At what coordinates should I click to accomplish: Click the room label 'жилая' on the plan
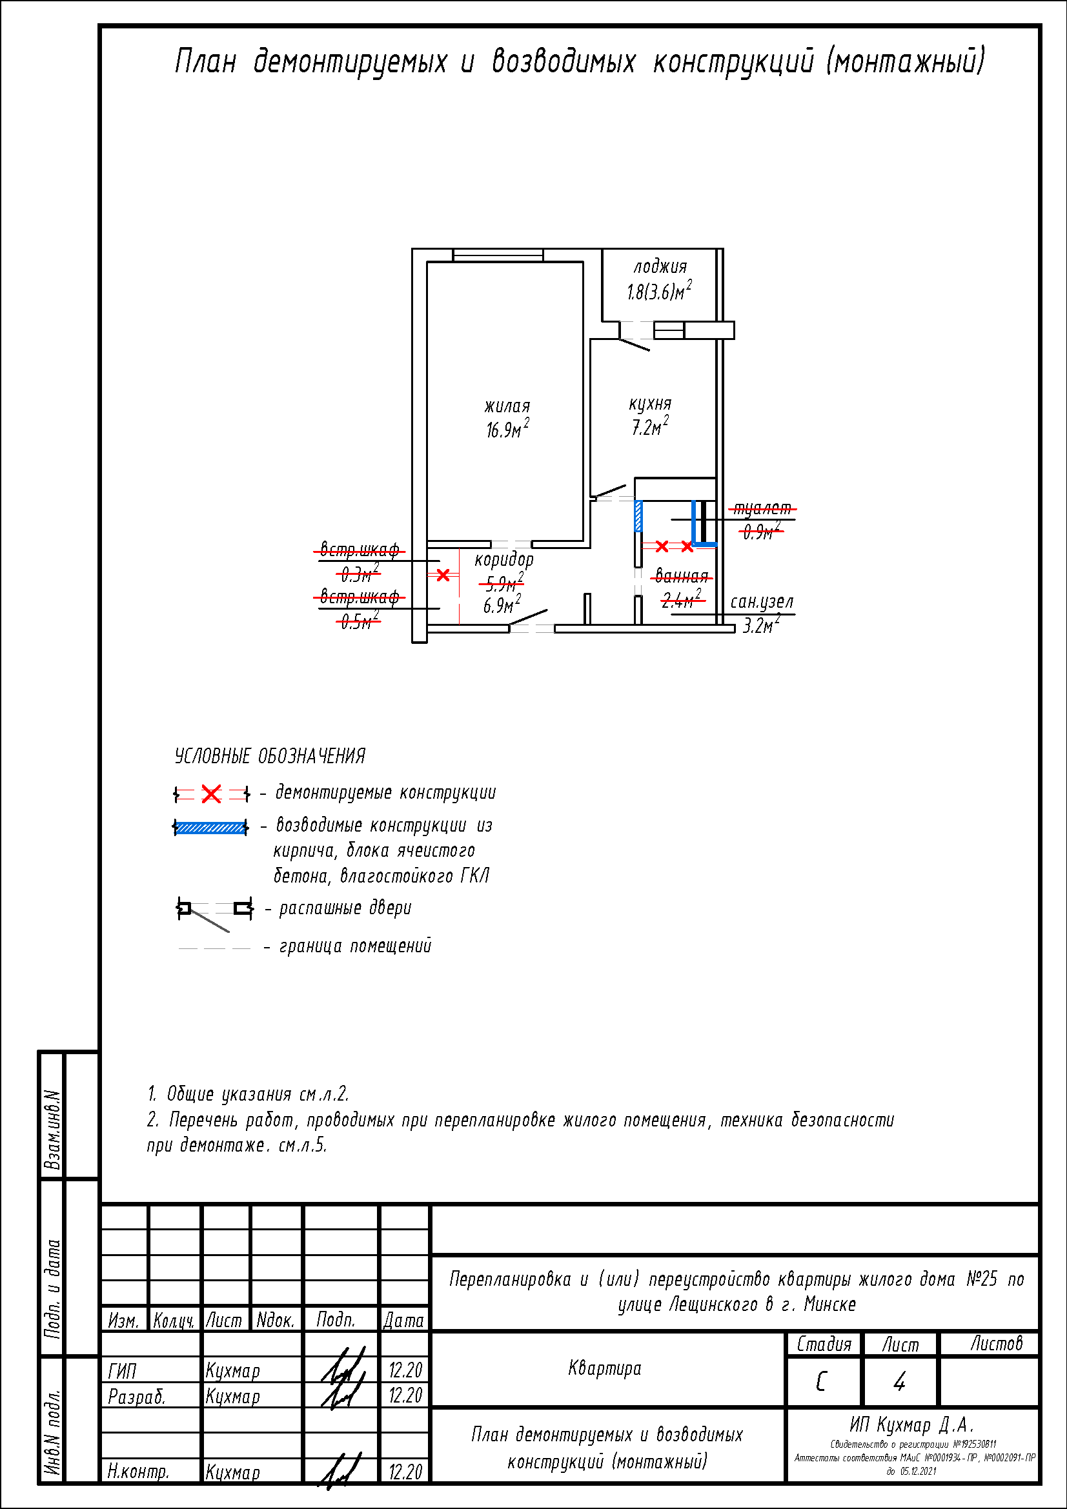tap(507, 406)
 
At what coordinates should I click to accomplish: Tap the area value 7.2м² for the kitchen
tap(649, 427)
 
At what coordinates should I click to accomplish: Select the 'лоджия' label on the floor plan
tap(660, 267)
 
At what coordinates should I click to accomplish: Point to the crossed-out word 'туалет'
tap(762, 508)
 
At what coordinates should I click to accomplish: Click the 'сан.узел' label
tap(762, 602)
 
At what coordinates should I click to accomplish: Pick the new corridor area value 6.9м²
tap(502, 605)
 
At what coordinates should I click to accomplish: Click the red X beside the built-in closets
tap(443, 575)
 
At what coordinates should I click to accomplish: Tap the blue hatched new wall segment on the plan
tap(638, 516)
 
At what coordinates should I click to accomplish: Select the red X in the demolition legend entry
tap(211, 794)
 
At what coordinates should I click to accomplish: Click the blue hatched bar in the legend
tap(210, 828)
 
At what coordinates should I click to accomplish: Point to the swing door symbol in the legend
tap(214, 912)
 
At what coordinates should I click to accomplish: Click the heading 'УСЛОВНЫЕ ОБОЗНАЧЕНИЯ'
tap(270, 757)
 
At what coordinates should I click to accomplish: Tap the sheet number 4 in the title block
tap(899, 1382)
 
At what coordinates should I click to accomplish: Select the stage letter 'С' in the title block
tap(821, 1382)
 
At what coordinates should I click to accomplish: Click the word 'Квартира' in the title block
tap(604, 1368)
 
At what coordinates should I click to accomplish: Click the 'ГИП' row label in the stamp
tap(122, 1371)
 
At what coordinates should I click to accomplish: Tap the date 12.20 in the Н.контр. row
tap(405, 1472)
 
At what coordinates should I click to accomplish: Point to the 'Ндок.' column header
tap(276, 1321)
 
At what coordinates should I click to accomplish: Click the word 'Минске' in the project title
tap(829, 1304)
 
